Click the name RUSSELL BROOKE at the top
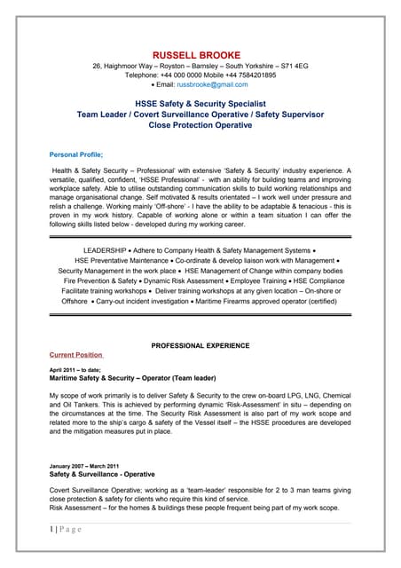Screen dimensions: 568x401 tap(200, 55)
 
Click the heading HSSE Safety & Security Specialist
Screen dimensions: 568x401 tap(200, 104)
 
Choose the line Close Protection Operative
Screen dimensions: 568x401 tap(200, 125)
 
